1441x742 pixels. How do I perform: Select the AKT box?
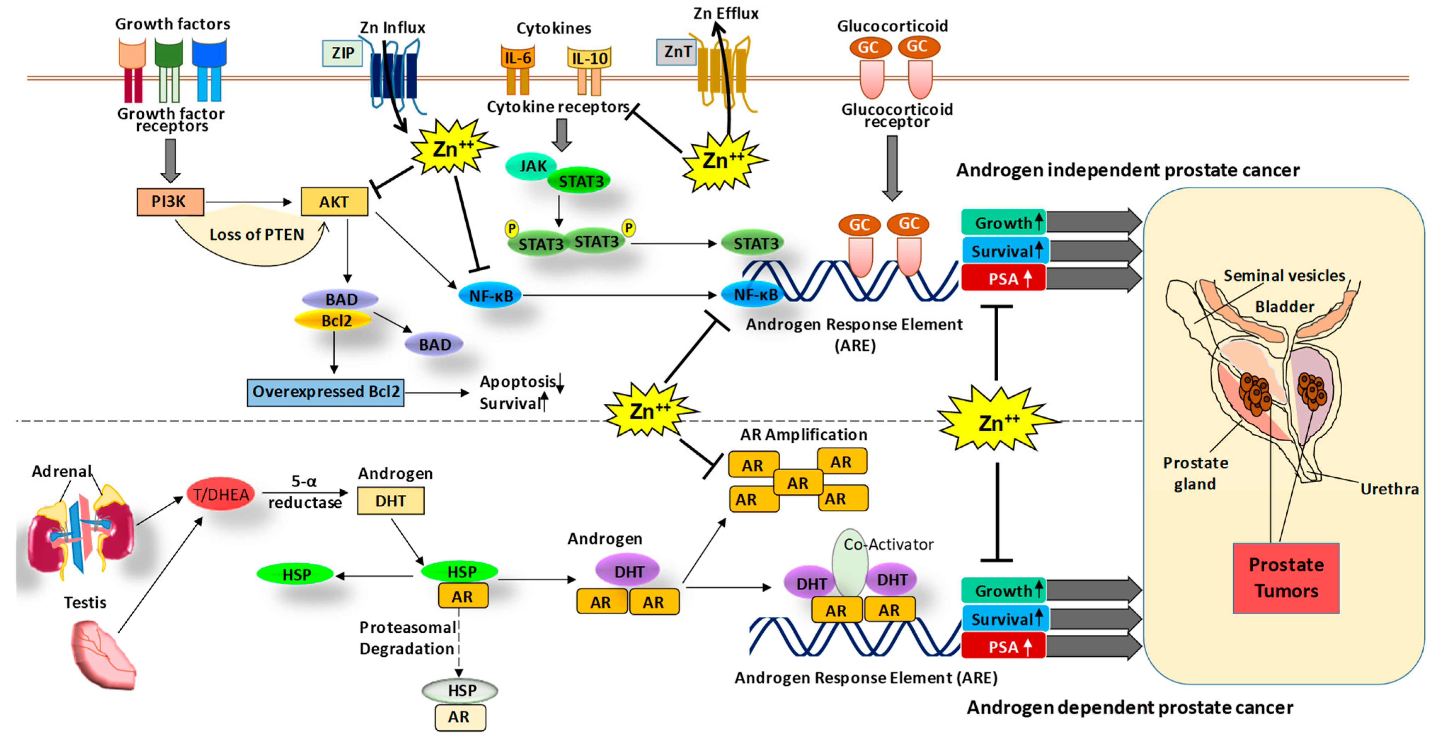coord(334,202)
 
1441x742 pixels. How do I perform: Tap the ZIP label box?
coord(342,53)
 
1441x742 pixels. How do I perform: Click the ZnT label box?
coord(676,52)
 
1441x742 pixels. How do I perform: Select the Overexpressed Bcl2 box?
coord(326,392)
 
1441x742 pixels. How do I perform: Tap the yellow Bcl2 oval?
coord(333,320)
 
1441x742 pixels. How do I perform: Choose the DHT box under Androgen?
coord(390,501)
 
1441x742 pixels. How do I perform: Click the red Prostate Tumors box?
coord(1286,578)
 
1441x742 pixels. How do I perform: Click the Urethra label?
coord(1389,489)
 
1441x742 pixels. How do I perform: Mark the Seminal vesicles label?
coord(1284,276)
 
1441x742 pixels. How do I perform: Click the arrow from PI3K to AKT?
coord(248,202)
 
